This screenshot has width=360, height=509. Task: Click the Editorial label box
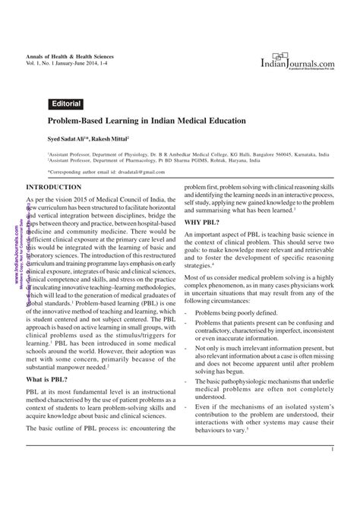click(x=66, y=103)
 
